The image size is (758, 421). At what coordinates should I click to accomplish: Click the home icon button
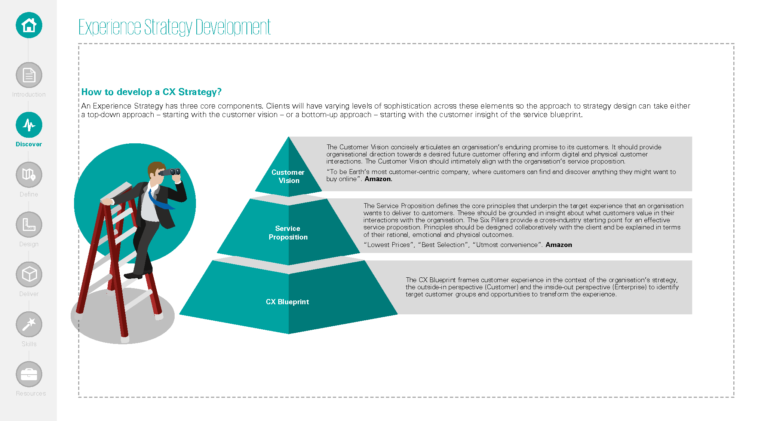(x=29, y=25)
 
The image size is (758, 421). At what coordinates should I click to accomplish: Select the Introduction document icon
(x=29, y=75)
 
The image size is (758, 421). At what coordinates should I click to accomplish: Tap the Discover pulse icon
(x=29, y=125)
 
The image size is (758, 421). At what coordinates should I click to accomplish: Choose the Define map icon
(x=29, y=175)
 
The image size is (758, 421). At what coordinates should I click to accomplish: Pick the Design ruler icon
(x=29, y=225)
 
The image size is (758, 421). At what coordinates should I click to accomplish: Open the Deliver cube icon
(x=29, y=274)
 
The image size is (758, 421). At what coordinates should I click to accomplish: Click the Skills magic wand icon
(x=29, y=324)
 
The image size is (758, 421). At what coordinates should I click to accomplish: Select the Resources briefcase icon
(x=29, y=374)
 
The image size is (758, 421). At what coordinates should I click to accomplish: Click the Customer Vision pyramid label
(x=288, y=176)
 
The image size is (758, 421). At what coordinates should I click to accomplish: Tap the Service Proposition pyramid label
(x=288, y=232)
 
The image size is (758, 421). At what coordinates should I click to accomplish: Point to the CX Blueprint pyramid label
(x=287, y=302)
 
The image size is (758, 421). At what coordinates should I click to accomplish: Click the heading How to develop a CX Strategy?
(x=151, y=92)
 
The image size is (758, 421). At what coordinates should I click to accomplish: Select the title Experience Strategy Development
(x=174, y=27)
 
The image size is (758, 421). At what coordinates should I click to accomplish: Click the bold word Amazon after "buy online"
(x=378, y=179)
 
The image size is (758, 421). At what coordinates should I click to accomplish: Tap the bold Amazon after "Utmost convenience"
(x=558, y=245)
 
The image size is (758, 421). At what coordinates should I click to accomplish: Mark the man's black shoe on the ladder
(x=133, y=275)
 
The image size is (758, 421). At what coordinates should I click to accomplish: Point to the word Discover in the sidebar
(x=29, y=144)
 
